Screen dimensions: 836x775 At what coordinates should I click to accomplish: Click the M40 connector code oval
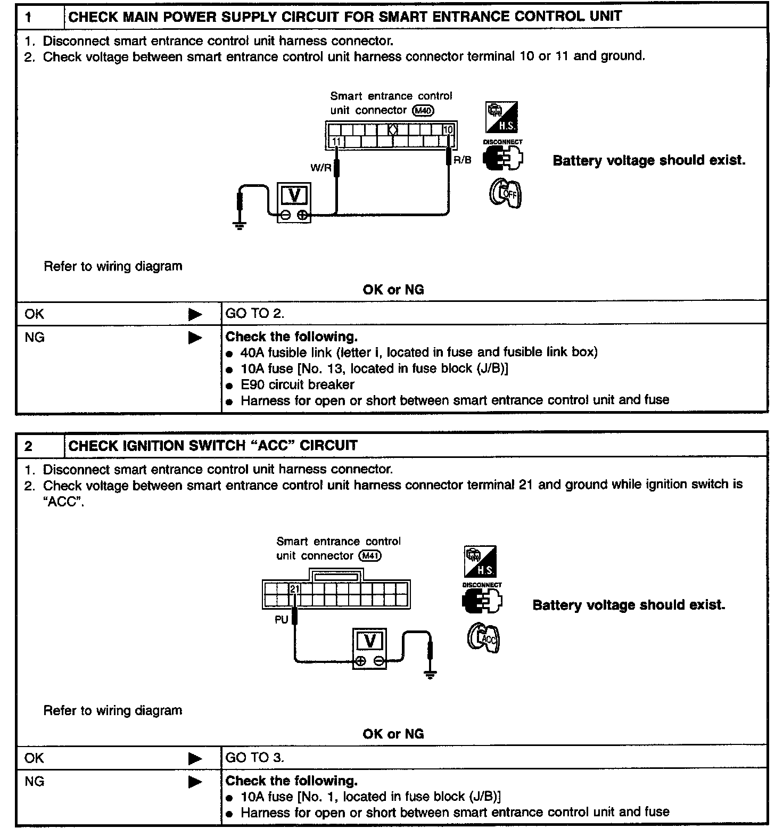[x=424, y=111]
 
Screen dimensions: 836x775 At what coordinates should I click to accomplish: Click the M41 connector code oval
[x=371, y=556]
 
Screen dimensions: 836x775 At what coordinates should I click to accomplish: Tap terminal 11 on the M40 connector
[x=336, y=142]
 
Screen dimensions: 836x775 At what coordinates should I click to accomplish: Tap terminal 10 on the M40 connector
[x=448, y=130]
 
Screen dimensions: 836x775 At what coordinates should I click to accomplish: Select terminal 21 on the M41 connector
[x=295, y=589]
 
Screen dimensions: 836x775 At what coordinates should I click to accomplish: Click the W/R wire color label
[x=321, y=168]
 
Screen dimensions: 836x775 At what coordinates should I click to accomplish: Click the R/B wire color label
[x=462, y=160]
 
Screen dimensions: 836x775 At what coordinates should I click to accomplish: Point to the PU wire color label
[x=282, y=620]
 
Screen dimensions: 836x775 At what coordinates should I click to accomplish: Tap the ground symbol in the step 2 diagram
[x=431, y=675]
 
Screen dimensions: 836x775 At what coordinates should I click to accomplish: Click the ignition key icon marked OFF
[x=506, y=193]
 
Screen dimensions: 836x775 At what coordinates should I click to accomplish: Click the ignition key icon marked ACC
[x=483, y=637]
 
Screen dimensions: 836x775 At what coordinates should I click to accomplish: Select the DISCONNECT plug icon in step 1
[x=503, y=158]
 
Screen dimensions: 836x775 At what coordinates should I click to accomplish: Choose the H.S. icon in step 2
[x=481, y=562]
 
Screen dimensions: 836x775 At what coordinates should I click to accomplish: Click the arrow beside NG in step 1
[x=195, y=338]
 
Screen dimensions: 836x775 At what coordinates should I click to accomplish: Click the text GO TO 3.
[x=255, y=758]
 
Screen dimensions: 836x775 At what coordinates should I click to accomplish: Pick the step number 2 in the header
[x=28, y=446]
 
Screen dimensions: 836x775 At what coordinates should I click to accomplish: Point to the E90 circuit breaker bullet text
[x=297, y=384]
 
